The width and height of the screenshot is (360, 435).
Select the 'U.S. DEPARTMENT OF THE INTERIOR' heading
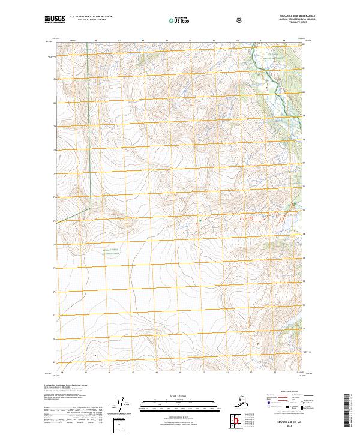coord(91,17)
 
